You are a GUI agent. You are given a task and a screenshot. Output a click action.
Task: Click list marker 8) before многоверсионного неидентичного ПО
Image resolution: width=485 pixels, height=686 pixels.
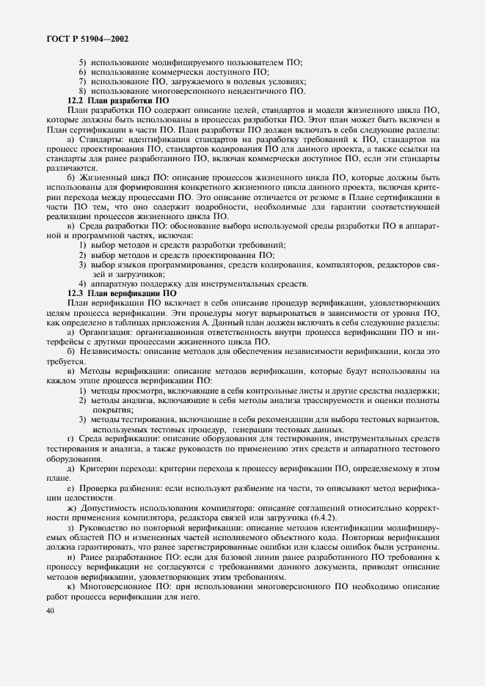(83, 91)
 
